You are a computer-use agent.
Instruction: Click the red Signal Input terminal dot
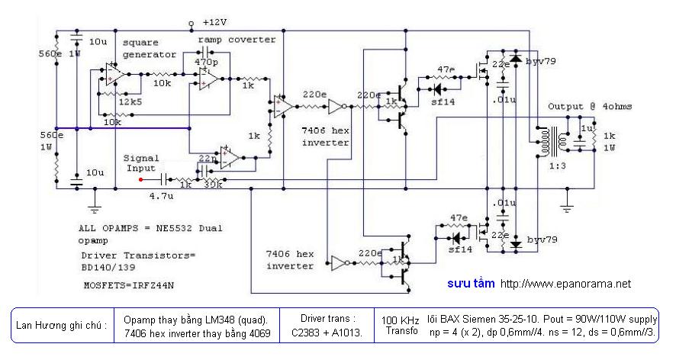141,181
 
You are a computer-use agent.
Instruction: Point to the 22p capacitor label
206,158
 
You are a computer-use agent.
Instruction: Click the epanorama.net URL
565,284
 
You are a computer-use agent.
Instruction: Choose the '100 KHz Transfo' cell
400,325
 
